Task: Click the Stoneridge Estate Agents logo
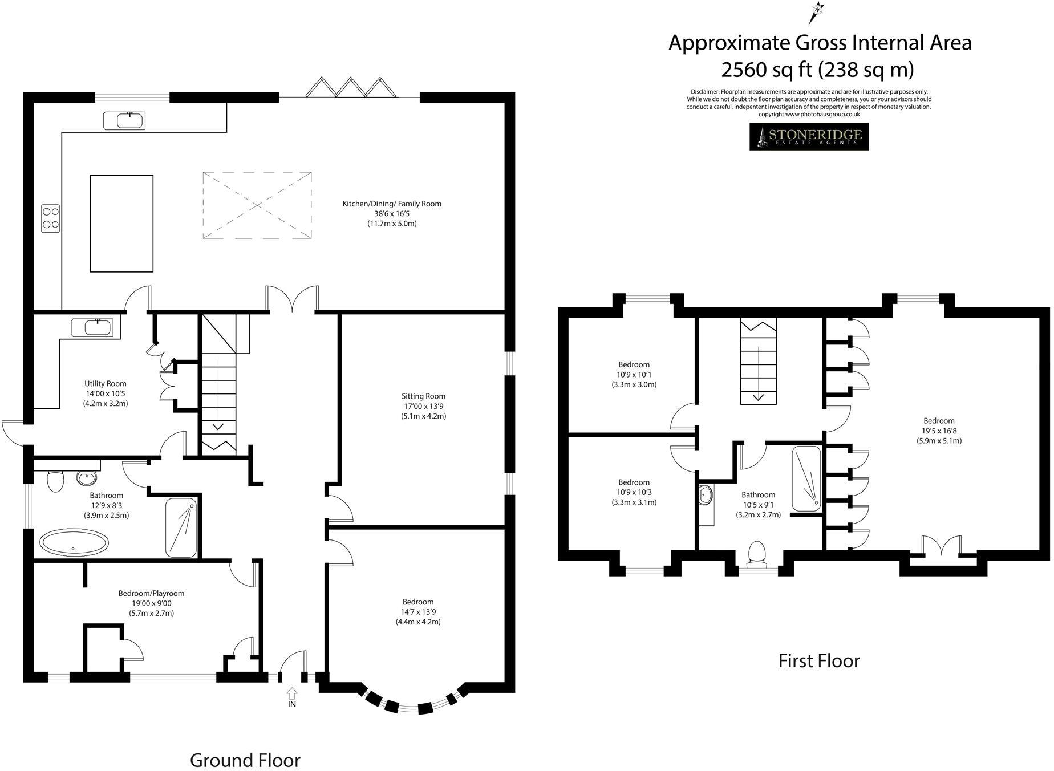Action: (x=808, y=137)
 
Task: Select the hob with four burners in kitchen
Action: (x=50, y=218)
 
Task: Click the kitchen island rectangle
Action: (x=121, y=223)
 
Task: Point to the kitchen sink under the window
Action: (x=124, y=120)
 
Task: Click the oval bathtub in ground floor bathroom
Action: (x=73, y=543)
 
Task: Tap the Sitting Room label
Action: (x=423, y=396)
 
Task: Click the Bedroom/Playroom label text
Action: (x=151, y=593)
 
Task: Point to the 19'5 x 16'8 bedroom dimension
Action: (x=939, y=431)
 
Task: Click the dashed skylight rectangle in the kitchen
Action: (x=257, y=205)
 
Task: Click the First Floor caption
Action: (x=818, y=661)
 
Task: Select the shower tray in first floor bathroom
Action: (x=806, y=478)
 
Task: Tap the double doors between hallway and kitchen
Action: (x=292, y=299)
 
